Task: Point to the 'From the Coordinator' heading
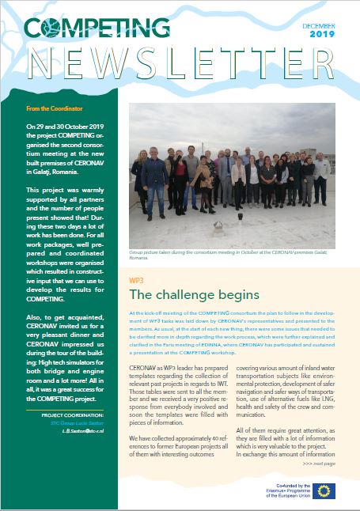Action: click(x=55, y=108)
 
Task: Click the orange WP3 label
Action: click(x=136, y=280)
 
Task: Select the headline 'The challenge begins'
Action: click(x=193, y=295)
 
